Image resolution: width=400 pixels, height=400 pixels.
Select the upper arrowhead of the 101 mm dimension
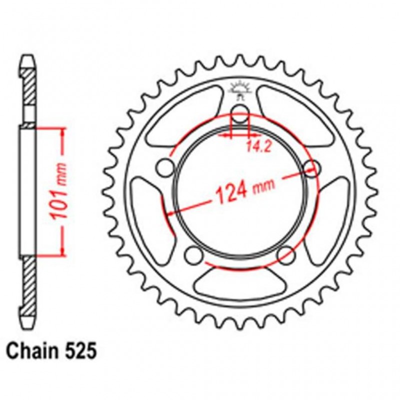pyautogui.click(x=62, y=131)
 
